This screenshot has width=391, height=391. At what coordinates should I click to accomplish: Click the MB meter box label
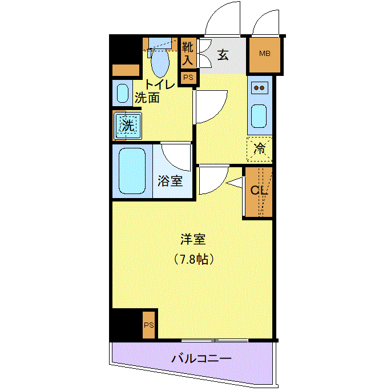tap(265, 53)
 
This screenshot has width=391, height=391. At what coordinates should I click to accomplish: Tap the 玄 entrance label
tap(223, 55)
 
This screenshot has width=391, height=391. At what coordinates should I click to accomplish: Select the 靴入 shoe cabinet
tap(188, 53)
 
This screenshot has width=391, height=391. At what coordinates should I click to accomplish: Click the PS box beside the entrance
tap(188, 78)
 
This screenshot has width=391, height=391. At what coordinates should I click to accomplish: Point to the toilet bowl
tap(160, 62)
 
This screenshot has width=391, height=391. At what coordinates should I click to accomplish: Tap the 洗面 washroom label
tap(147, 98)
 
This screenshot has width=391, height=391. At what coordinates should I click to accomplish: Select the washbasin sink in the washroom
tap(122, 93)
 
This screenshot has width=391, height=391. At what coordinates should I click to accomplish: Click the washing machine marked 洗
tap(128, 126)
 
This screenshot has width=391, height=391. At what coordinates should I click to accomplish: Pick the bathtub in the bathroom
tap(132, 171)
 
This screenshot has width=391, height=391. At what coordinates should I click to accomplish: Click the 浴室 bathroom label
tap(170, 181)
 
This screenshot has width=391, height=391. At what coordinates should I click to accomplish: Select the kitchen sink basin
tap(259, 116)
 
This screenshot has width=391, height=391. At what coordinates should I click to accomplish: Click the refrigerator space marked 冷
tap(259, 149)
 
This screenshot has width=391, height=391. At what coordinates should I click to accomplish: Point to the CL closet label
tap(259, 191)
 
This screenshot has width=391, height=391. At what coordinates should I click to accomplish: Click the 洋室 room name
tap(193, 239)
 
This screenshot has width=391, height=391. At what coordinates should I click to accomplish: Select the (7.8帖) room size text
tap(194, 259)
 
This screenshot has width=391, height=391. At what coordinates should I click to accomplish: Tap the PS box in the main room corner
tap(149, 325)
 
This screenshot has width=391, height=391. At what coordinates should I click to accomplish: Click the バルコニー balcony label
tap(201, 359)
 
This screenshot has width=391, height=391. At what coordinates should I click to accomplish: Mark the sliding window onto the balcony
tap(215, 340)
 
